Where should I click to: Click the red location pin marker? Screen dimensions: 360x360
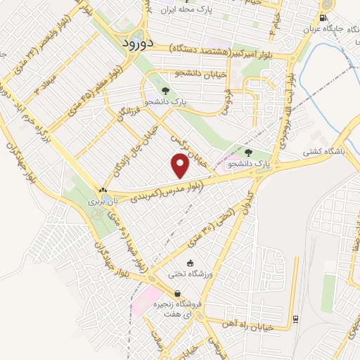pos(181,167)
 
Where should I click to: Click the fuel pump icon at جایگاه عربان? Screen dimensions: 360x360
pos(323,18)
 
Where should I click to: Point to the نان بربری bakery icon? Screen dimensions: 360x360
pos(103,189)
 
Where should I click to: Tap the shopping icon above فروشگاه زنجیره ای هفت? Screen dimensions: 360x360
pos(177,293)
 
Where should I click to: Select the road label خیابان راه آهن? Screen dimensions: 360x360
pos(262,324)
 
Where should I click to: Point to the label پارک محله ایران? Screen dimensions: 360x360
pos(185,9)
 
